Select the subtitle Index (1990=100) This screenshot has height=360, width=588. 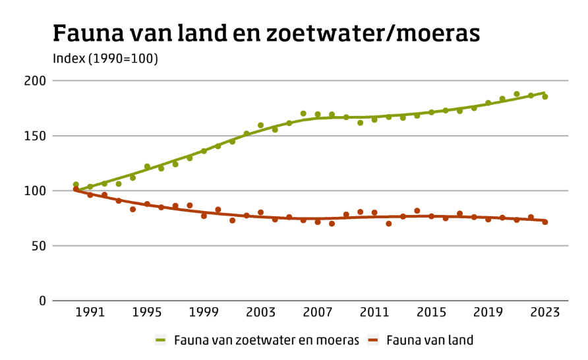(105, 59)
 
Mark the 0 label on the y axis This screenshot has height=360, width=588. (43, 301)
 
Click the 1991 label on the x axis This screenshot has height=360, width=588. (90, 313)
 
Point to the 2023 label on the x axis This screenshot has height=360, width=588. (545, 313)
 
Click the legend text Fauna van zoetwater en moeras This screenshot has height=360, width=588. (266, 340)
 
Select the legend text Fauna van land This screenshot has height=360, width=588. (430, 340)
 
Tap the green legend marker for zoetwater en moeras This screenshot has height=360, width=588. (161, 340)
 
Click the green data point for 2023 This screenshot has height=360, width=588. (545, 96)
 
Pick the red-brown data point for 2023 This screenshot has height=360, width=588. (545, 222)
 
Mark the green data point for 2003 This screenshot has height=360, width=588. (260, 125)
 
